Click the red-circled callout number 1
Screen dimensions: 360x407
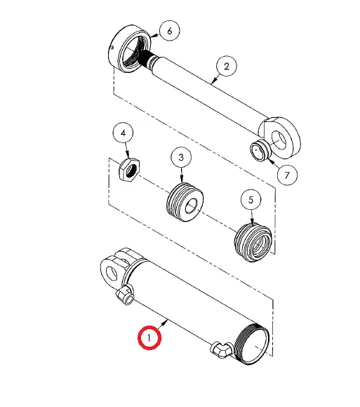pos(149,338)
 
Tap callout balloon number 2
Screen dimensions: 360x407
pos(227,66)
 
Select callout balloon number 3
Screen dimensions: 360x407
pos(181,157)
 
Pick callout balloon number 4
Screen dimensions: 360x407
pos(123,133)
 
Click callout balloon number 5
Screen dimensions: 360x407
pos(251,199)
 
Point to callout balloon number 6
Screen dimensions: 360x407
pos(170,31)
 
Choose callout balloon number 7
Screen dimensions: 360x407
pos(287,175)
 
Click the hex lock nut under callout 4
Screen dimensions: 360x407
pos(129,170)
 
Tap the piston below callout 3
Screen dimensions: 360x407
pos(185,202)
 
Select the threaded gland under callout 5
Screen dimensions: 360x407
pos(253,242)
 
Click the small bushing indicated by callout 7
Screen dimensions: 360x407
pos(260,151)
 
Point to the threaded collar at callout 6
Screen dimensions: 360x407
pos(129,48)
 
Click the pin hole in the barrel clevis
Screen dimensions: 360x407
pos(112,274)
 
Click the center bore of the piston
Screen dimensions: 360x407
pos(192,206)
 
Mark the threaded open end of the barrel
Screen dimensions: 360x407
pos(253,344)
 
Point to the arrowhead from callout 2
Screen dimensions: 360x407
pos(213,81)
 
